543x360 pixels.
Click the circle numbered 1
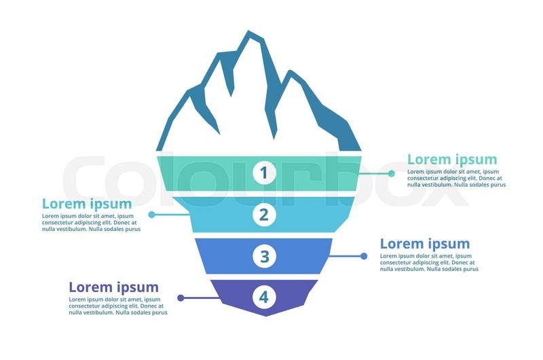pyautogui.click(x=264, y=173)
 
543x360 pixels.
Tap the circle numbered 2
pyautogui.click(x=264, y=215)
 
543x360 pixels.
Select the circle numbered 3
pyautogui.click(x=264, y=256)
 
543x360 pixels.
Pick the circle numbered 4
pyautogui.click(x=264, y=297)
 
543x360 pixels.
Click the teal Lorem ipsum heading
pyautogui.click(x=452, y=160)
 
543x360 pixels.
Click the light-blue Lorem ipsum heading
pyautogui.click(x=87, y=203)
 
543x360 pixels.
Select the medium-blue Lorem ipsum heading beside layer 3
pyautogui.click(x=425, y=244)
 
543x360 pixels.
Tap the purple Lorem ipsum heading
pyautogui.click(x=114, y=287)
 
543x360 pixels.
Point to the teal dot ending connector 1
pyautogui.click(x=392, y=173)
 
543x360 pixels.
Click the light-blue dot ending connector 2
pyautogui.click(x=151, y=215)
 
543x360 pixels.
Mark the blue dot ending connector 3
pyautogui.click(x=364, y=256)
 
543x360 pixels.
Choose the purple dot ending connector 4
pyautogui.click(x=180, y=298)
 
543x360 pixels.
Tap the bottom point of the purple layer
pyautogui.click(x=265, y=315)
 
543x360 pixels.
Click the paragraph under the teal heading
pyautogui.click(x=456, y=178)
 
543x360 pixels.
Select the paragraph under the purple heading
pyautogui.click(x=117, y=306)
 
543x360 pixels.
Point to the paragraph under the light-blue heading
pyautogui.click(x=91, y=222)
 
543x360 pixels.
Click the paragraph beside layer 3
pyautogui.click(x=428, y=262)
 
